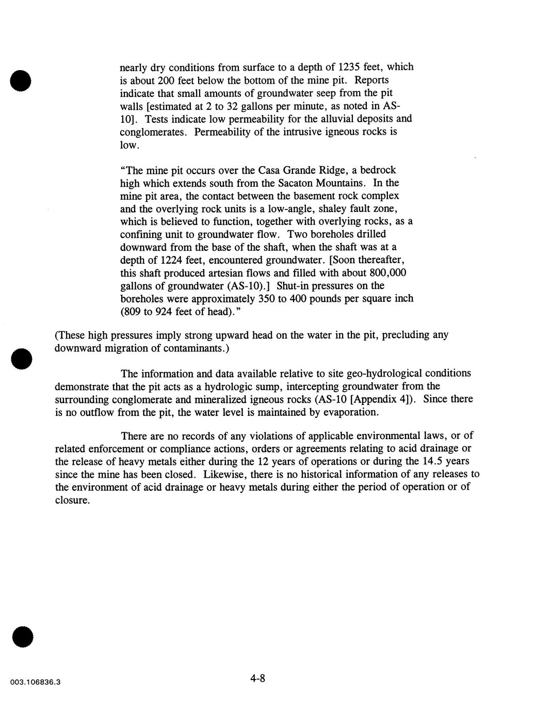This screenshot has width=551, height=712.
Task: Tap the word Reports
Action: tap(372, 80)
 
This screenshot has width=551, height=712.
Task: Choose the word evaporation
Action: tap(351, 412)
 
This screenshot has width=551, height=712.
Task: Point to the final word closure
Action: tap(72, 500)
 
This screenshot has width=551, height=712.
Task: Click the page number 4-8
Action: tap(257, 678)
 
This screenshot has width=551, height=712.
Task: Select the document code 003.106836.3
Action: tap(35, 682)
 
